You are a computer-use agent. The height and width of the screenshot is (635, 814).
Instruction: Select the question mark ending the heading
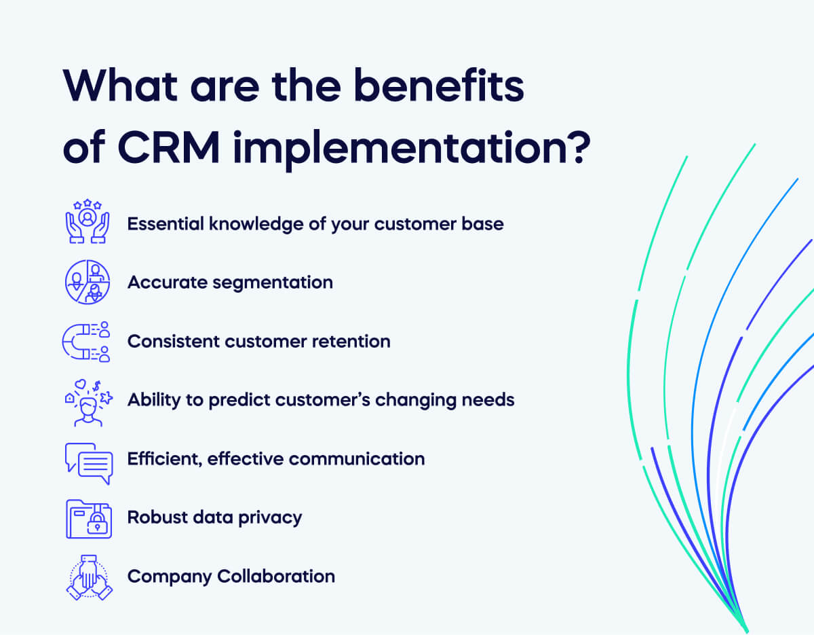click(571, 147)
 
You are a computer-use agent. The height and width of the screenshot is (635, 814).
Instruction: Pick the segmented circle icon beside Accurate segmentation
click(88, 282)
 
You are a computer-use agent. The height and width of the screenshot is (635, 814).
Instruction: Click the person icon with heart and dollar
click(88, 401)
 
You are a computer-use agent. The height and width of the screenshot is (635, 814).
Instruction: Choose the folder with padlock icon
click(88, 518)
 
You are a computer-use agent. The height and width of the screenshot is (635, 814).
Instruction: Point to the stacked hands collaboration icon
click(88, 578)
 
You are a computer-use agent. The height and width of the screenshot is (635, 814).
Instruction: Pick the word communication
click(364, 459)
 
